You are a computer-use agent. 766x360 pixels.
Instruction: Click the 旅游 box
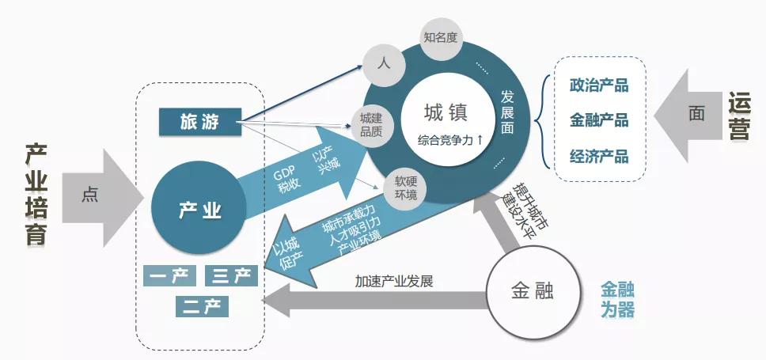coord(199,122)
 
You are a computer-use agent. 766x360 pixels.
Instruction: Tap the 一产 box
coord(169,276)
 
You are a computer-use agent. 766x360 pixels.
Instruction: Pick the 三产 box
coord(231,276)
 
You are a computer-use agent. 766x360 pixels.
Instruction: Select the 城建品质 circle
coord(371,123)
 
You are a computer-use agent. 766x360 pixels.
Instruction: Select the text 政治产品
coord(598,85)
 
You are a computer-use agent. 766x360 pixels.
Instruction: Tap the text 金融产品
coord(598,120)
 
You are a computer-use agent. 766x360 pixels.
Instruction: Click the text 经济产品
coord(598,156)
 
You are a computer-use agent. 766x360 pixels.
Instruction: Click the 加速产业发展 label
coord(393,282)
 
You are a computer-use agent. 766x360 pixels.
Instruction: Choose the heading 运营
coord(739,116)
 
